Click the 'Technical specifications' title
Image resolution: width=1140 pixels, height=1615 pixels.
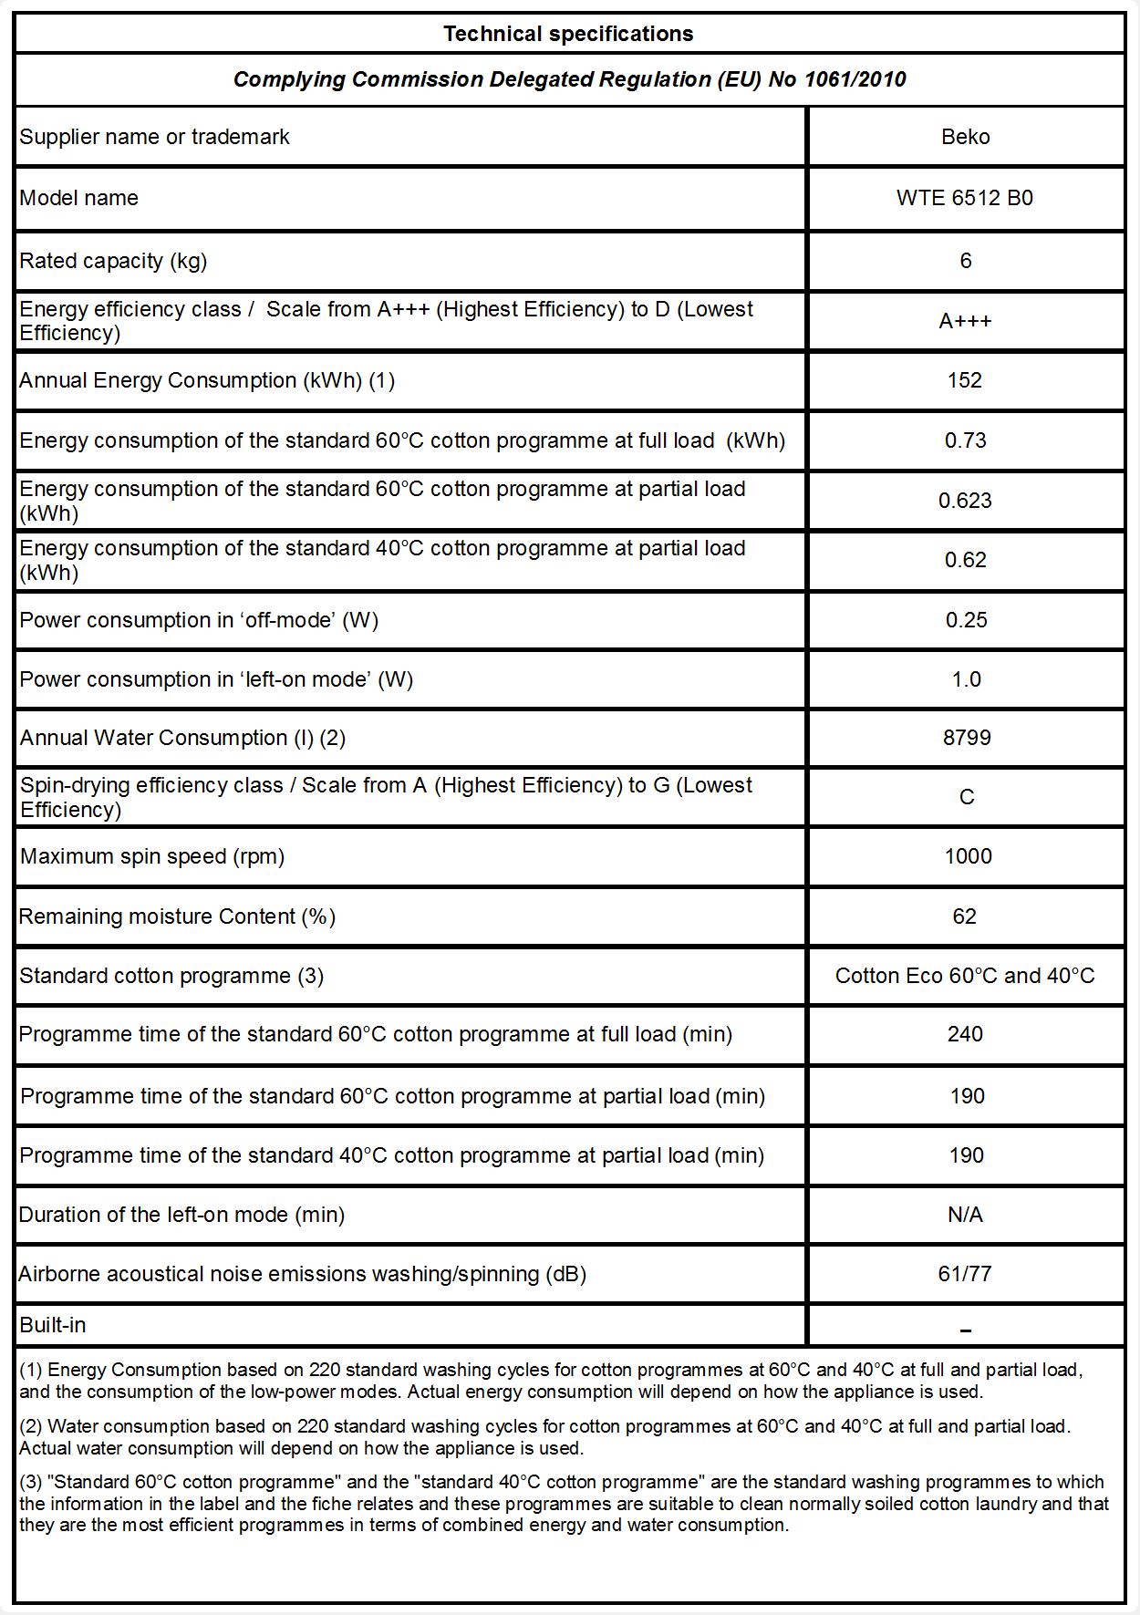click(568, 34)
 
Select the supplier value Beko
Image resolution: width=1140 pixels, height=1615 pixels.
click(965, 137)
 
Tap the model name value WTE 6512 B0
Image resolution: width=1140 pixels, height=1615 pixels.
click(965, 198)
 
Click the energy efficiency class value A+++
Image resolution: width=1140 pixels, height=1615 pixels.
click(965, 321)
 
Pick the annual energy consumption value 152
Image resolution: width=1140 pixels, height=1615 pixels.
click(965, 380)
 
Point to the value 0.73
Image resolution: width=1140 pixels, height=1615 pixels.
click(965, 440)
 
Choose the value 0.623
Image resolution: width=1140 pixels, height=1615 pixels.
click(965, 501)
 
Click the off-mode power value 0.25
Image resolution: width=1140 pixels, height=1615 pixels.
click(966, 620)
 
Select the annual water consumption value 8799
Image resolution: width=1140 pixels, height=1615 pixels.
click(967, 738)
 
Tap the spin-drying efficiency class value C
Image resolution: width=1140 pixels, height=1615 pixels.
click(967, 797)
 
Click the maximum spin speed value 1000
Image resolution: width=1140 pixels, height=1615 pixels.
click(968, 856)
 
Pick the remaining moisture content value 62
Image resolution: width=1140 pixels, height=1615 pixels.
click(965, 916)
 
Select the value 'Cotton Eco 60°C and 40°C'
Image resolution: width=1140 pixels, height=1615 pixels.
click(965, 976)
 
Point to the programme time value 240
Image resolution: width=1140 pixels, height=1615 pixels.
click(965, 1034)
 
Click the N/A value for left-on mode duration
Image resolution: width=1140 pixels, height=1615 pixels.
click(965, 1215)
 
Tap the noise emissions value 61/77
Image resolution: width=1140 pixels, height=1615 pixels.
click(965, 1274)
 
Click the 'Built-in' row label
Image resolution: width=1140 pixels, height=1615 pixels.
click(53, 1325)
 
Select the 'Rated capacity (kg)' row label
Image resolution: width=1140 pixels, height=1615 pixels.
click(113, 261)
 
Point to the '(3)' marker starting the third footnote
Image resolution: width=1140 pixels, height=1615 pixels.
click(31, 1482)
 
